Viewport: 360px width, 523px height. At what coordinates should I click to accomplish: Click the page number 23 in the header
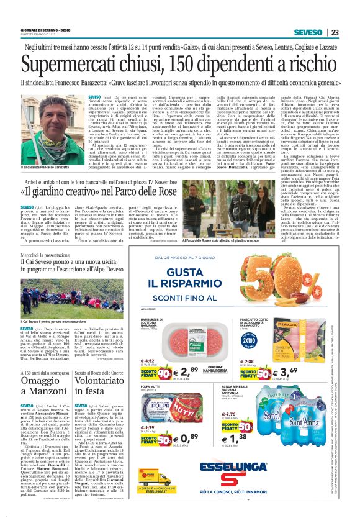coord(334,32)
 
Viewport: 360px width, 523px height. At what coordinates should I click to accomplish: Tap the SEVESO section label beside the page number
coord(308,32)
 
